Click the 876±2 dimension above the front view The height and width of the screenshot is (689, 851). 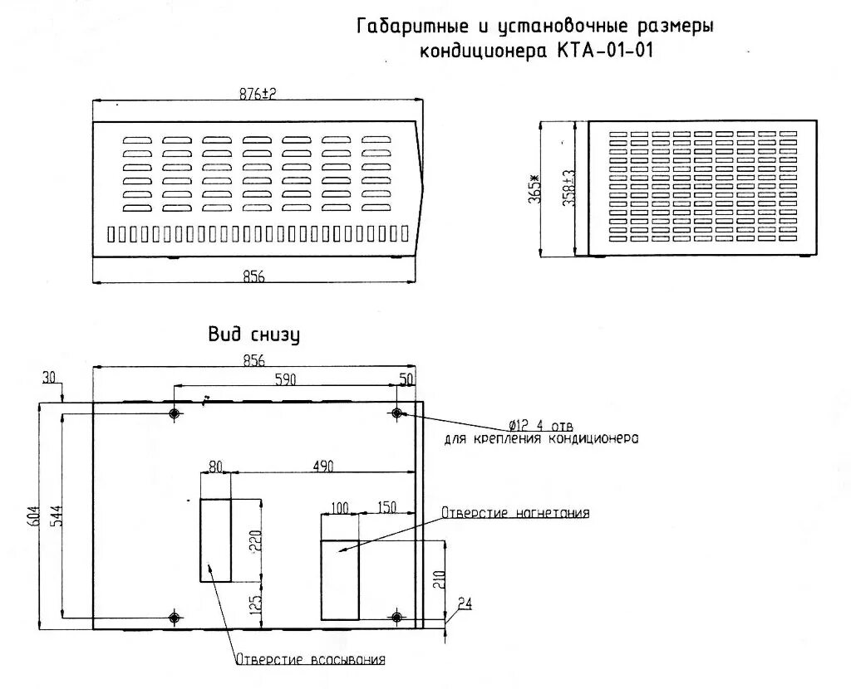257,94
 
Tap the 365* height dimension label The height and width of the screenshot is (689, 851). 534,188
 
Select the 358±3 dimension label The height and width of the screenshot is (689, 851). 569,188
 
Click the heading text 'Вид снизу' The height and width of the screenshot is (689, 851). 253,335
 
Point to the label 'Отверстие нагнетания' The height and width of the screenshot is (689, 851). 515,513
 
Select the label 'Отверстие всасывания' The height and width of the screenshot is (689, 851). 311,660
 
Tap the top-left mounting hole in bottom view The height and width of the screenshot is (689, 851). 175,413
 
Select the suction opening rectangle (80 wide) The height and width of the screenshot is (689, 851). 215,540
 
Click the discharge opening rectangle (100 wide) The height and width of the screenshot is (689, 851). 340,579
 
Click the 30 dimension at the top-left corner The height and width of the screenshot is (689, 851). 49,378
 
